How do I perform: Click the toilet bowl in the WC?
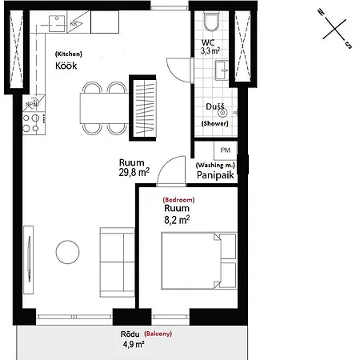point(211,22)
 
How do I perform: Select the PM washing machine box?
point(226,150)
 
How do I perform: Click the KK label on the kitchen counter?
point(74,24)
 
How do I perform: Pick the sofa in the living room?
point(117,262)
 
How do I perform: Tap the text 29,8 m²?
point(134,171)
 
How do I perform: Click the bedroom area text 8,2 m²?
point(177,218)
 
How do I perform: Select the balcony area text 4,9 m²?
point(133,345)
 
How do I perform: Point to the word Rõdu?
point(130,334)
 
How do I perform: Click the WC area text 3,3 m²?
point(210,50)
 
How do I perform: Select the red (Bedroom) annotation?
point(178,198)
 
